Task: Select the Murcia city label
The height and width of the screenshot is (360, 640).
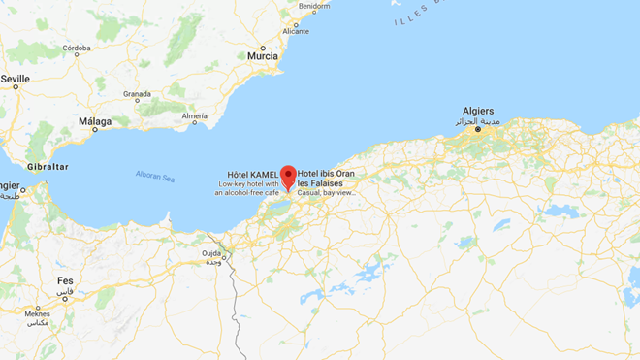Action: [262, 56]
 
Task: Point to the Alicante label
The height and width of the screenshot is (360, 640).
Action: [295, 31]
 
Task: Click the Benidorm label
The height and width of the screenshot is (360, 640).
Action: [314, 6]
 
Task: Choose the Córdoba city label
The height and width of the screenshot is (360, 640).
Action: [77, 48]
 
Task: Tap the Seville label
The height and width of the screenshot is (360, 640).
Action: [16, 78]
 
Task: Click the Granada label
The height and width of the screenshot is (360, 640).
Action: [137, 94]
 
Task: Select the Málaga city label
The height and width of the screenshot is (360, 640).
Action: [95, 121]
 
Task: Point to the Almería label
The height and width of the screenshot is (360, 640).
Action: [194, 116]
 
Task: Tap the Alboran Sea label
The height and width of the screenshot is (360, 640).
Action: [154, 177]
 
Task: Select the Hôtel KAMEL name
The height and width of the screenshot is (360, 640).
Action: [254, 174]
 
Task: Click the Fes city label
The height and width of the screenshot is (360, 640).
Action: [65, 280]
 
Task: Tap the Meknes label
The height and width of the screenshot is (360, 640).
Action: [37, 313]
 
